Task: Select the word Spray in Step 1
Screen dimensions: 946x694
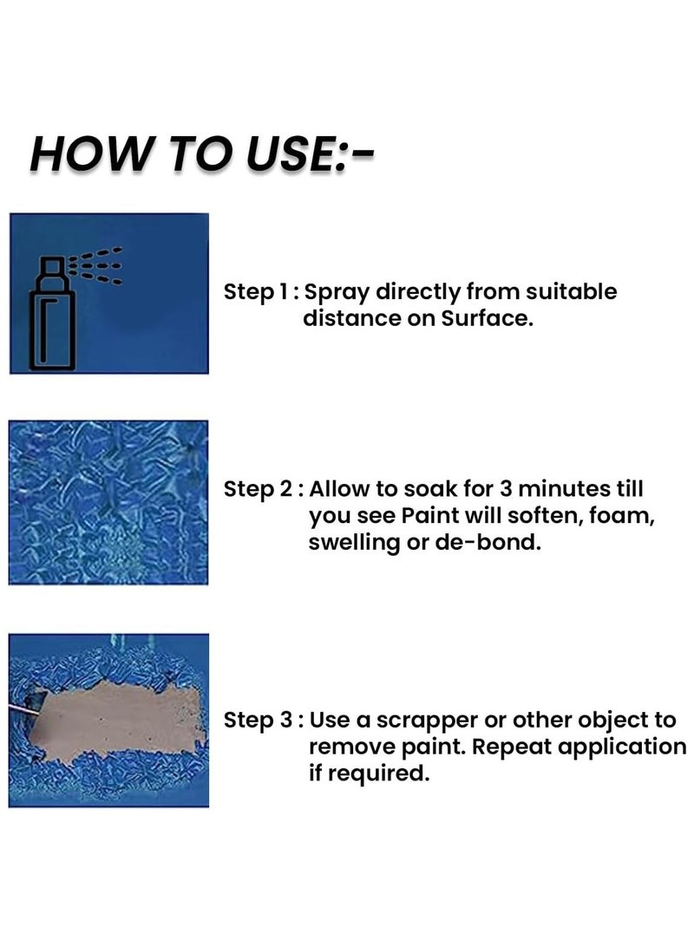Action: tap(341, 292)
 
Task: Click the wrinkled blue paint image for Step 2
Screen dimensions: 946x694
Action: tap(108, 502)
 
